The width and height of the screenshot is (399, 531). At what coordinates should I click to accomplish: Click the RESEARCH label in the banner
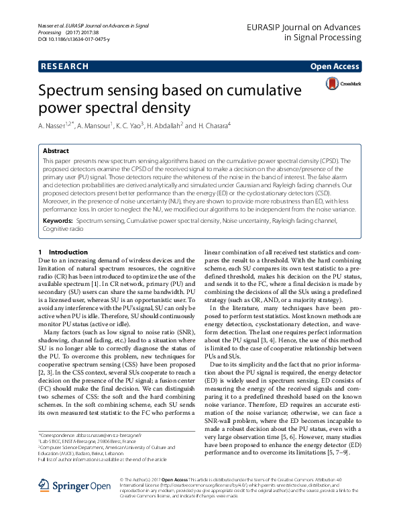coord(64,66)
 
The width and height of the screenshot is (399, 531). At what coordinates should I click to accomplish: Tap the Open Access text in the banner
coord(335,66)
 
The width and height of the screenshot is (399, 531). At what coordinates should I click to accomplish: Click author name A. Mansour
coord(93,126)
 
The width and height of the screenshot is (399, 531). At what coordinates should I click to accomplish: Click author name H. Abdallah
coord(164,126)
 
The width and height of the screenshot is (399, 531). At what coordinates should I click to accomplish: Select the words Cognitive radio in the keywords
coord(64,210)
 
